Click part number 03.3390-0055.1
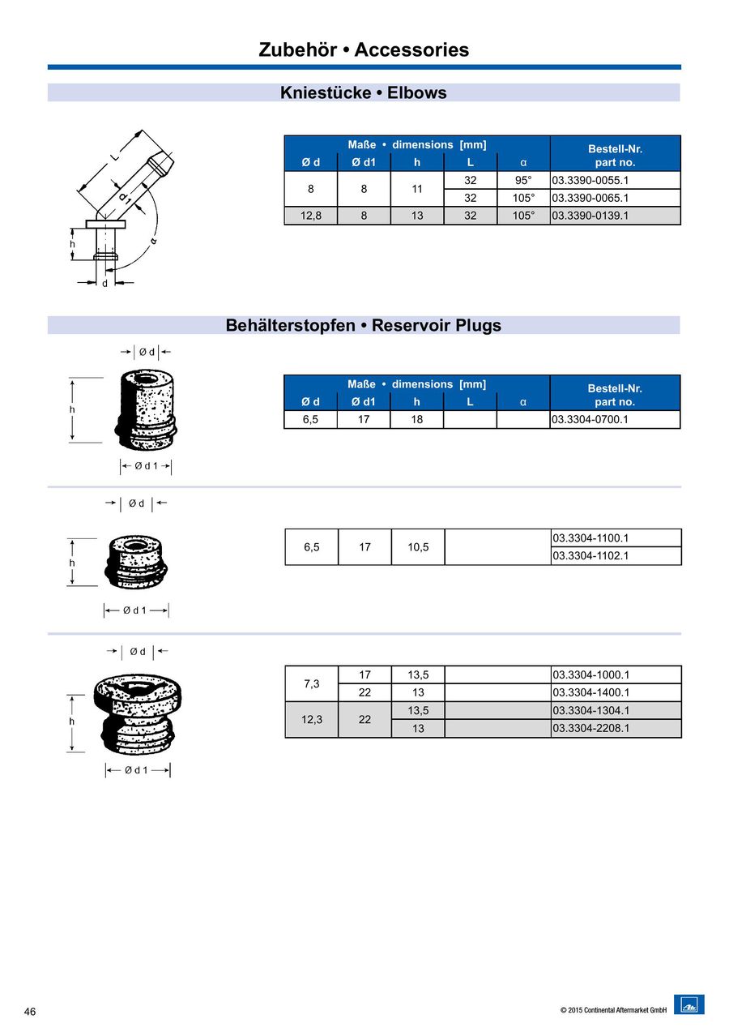(x=590, y=180)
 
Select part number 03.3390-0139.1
(x=590, y=216)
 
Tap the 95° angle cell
(x=523, y=180)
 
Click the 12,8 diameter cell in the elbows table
(x=310, y=216)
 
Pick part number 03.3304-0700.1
(x=590, y=419)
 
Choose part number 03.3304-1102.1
(x=590, y=556)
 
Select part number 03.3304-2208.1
(x=590, y=728)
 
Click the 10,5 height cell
(x=418, y=547)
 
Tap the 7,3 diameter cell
(x=311, y=683)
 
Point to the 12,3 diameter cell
(x=311, y=719)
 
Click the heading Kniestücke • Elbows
(x=364, y=92)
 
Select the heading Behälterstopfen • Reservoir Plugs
(x=364, y=326)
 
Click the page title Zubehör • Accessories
(x=364, y=49)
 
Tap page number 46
(x=30, y=1012)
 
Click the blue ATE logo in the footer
(x=688, y=1004)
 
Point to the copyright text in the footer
(x=613, y=1010)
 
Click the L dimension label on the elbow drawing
(x=115, y=156)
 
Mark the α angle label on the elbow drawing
(x=152, y=241)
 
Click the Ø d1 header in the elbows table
(x=364, y=162)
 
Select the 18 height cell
(x=417, y=419)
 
